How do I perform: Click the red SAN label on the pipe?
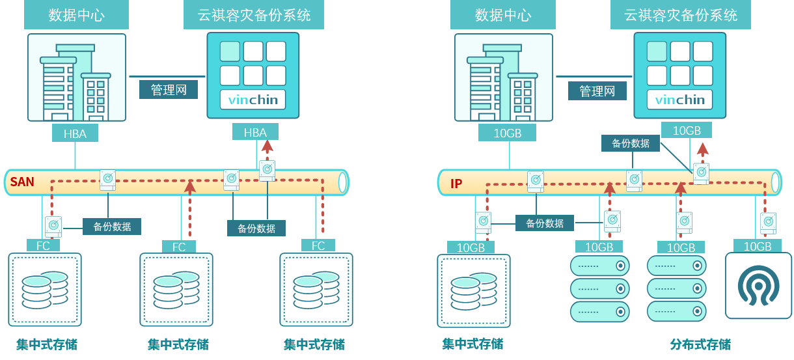22,182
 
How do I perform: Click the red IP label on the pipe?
456,184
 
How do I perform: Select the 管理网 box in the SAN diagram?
169,90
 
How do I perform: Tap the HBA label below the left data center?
75,133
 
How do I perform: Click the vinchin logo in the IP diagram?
679,100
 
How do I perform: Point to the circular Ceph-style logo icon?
758,286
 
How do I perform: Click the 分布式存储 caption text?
700,344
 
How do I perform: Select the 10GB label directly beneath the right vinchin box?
686,130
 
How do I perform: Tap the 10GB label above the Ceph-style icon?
757,246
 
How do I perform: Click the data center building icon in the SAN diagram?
76,78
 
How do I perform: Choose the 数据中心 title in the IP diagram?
503,15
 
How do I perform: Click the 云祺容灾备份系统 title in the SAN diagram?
254,15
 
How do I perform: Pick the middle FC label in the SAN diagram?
179,247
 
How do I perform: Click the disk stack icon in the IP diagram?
473,290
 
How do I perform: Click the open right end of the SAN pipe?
343,183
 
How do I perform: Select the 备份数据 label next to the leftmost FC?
112,227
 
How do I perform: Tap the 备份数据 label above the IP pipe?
630,143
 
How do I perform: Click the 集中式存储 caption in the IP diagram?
472,344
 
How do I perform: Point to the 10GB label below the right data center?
507,133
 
